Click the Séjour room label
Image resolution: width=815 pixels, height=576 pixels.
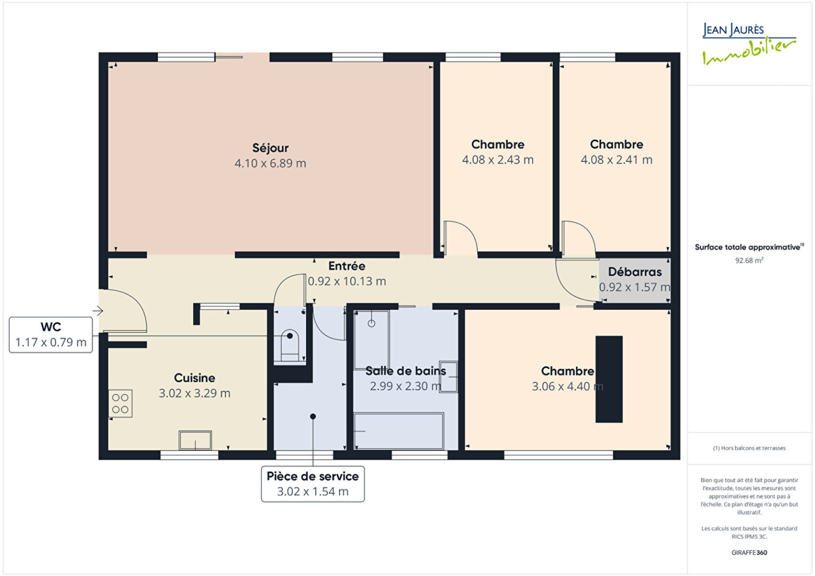click(270, 148)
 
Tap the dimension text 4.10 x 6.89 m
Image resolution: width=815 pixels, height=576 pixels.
click(270, 163)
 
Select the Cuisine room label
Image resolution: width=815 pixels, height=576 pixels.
click(194, 378)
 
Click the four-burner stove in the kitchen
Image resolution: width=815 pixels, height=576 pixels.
click(120, 403)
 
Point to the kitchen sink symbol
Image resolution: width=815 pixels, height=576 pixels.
click(196, 440)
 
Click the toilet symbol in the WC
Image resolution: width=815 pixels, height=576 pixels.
click(290, 346)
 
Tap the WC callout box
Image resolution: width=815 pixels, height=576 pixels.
click(50, 334)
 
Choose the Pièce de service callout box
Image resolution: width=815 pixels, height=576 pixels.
click(313, 484)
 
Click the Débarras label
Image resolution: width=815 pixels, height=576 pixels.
click(635, 272)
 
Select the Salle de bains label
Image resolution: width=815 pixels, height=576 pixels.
click(405, 371)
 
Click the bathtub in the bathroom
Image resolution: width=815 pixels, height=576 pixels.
click(399, 431)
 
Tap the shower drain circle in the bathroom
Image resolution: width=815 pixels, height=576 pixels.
click(371, 323)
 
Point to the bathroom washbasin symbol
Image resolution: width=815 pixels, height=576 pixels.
click(449, 377)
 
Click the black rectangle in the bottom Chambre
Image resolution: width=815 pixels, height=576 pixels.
click(609, 379)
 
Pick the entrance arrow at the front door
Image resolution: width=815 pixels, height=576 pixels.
click(98, 311)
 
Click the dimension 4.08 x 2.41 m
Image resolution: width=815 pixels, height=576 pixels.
click(616, 160)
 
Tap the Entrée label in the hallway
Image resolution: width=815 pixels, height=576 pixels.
click(347, 266)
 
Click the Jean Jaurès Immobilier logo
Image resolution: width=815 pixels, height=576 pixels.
click(749, 43)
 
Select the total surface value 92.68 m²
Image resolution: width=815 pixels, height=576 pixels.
click(749, 260)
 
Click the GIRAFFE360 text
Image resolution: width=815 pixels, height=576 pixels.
click(749, 553)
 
